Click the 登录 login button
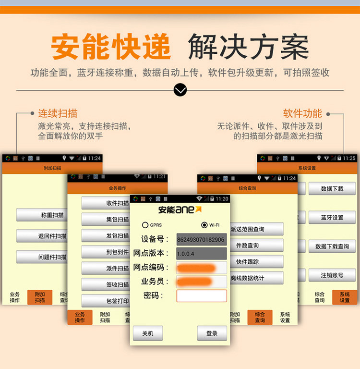tap(212, 333)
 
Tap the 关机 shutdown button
tap(148, 333)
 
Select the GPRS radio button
tap(145, 225)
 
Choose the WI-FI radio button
tap(204, 225)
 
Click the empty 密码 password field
tap(202, 295)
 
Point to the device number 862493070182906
tap(201, 239)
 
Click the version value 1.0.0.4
tap(201, 253)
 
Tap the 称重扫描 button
tap(42, 215)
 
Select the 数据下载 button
tap(332, 189)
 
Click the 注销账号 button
tap(332, 275)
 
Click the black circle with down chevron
tap(180, 90)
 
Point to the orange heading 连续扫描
tap(58, 114)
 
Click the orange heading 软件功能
tap(302, 114)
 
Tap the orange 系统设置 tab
tap(345, 297)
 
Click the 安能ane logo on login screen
tap(180, 209)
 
